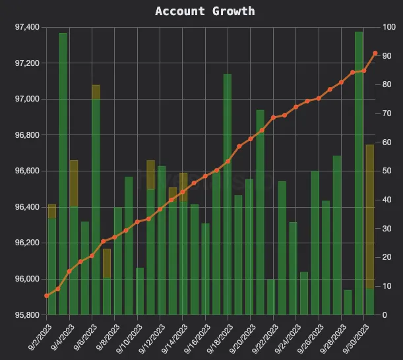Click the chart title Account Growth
click(x=204, y=11)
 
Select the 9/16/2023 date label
click(x=193, y=337)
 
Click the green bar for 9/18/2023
click(x=228, y=198)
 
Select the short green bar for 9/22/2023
click(x=271, y=297)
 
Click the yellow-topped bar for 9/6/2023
click(x=96, y=198)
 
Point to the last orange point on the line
click(x=375, y=53)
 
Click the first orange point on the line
click(x=47, y=295)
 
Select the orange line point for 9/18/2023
click(x=228, y=162)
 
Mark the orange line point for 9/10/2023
click(x=137, y=222)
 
